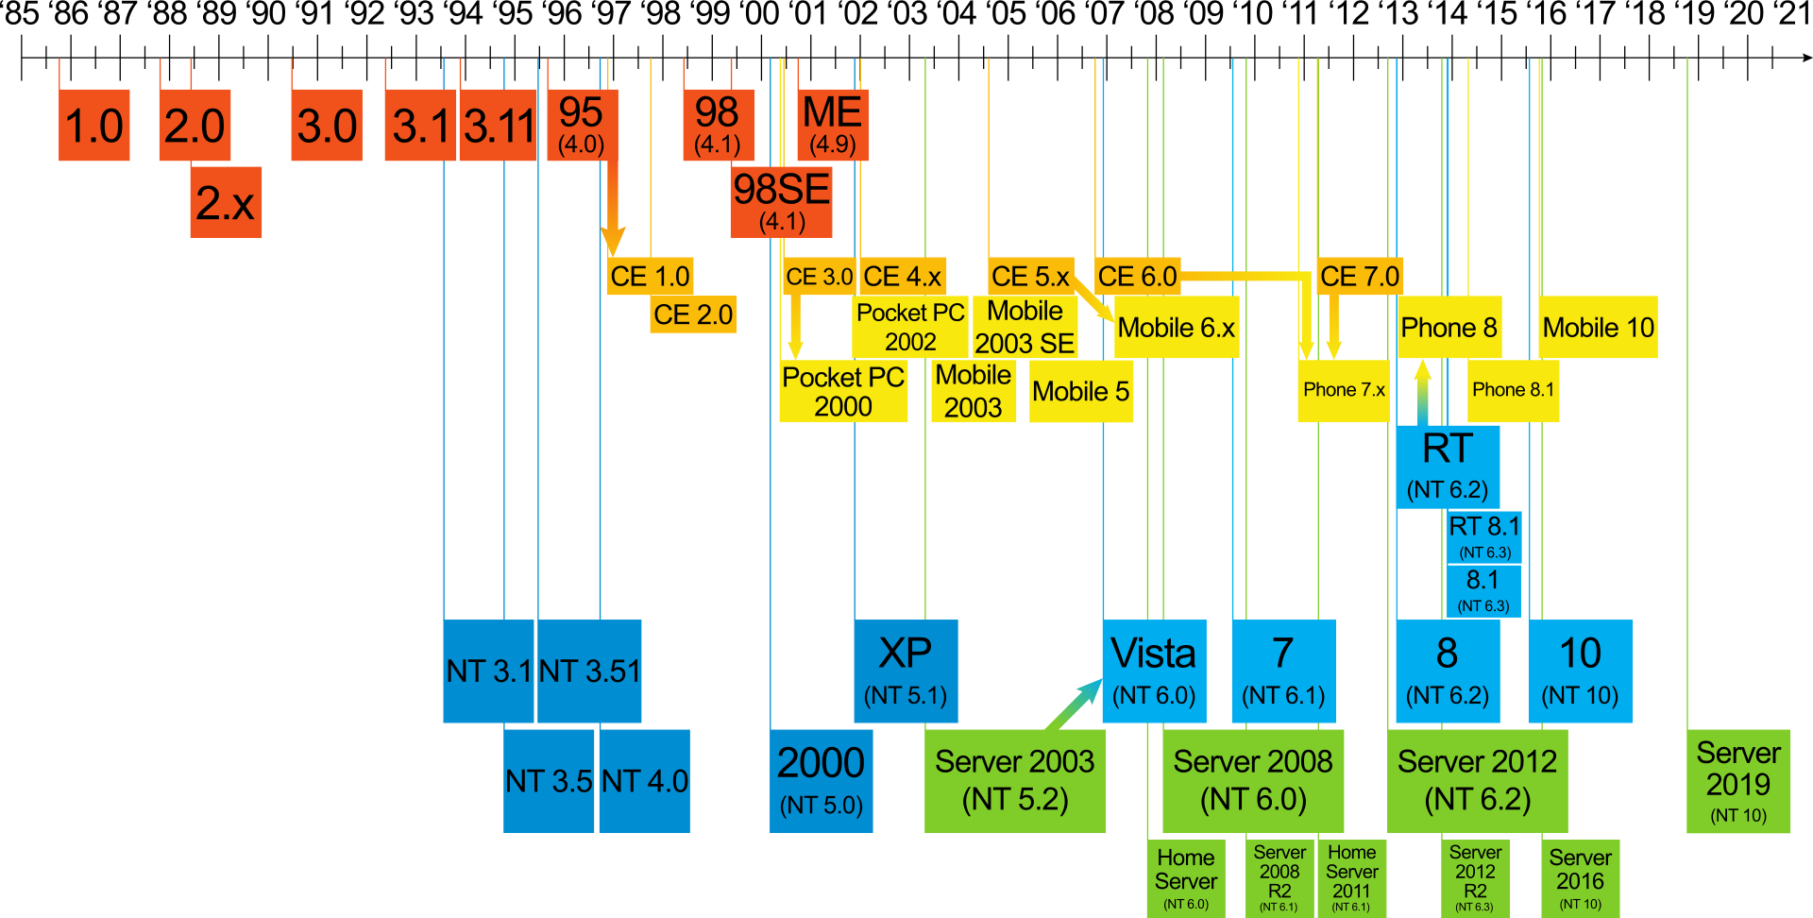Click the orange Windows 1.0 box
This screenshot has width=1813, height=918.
pyautogui.click(x=93, y=125)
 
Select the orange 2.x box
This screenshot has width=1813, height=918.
pyautogui.click(x=226, y=202)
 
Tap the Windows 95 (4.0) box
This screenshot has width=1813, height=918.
pyautogui.click(x=582, y=125)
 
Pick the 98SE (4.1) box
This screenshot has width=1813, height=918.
pyautogui.click(x=781, y=201)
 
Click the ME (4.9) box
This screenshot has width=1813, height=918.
pyautogui.click(x=832, y=125)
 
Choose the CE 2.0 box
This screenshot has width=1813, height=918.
pyautogui.click(x=693, y=314)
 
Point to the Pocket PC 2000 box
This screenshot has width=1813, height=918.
pyautogui.click(x=843, y=391)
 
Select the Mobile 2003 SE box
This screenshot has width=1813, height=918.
pyautogui.click(x=1025, y=327)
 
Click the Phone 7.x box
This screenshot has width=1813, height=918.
pyautogui.click(x=1343, y=390)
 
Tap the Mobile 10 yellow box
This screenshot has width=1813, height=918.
pyautogui.click(x=1598, y=328)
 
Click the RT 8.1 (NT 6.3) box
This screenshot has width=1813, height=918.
pyautogui.click(x=1484, y=536)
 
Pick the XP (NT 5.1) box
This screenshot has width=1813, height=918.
pyautogui.click(x=906, y=671)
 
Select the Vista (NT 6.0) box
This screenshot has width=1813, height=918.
pyautogui.click(x=1154, y=671)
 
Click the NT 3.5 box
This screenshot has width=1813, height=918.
pyautogui.click(x=549, y=781)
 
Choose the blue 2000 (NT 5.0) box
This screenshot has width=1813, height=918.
pyautogui.click(x=821, y=780)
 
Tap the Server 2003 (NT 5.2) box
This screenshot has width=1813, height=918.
pyautogui.click(x=1015, y=780)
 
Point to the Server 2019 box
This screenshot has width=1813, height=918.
pyautogui.click(x=1737, y=781)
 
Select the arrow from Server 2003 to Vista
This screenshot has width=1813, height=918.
pyautogui.click(x=1075, y=704)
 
